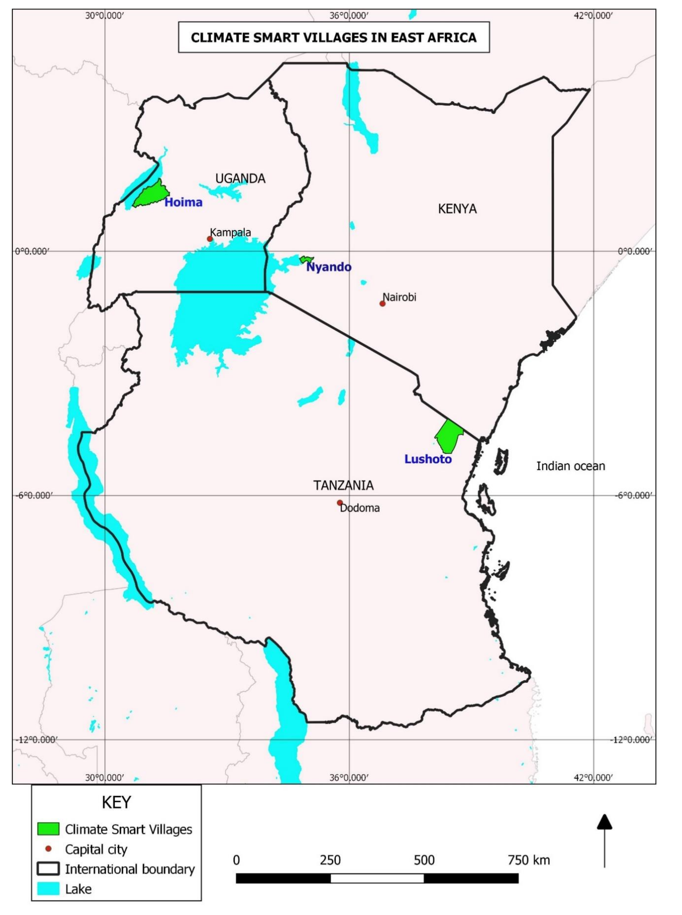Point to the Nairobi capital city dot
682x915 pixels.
click(382, 304)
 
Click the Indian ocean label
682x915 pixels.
click(571, 466)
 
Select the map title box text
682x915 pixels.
click(334, 38)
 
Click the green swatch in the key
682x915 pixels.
click(48, 829)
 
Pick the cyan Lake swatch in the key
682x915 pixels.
click(48, 889)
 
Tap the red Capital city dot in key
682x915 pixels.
click(48, 849)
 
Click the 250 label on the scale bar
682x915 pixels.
click(330, 860)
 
